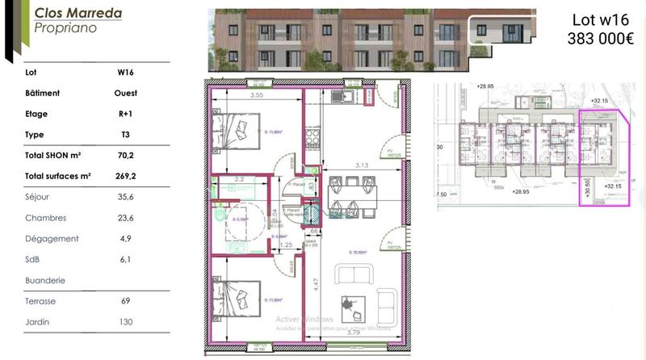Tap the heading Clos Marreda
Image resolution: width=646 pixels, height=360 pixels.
click(78, 13)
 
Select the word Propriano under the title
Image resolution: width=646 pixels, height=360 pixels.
click(66, 27)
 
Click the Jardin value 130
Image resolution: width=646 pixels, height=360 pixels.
click(125, 322)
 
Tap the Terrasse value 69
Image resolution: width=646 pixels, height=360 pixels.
click(125, 301)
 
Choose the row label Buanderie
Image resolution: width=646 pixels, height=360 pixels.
click(45, 280)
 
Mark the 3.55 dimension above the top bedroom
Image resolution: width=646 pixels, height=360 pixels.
click(257, 94)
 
